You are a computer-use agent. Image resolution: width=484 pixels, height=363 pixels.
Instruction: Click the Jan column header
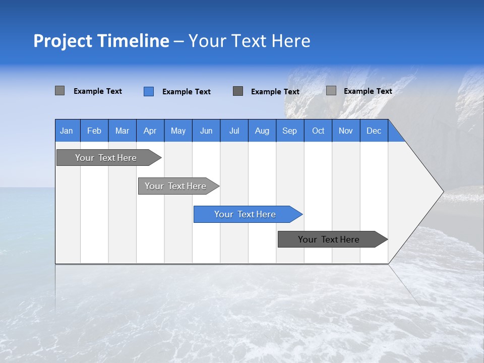click(67, 131)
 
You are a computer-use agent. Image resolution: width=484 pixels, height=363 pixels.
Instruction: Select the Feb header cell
click(94, 131)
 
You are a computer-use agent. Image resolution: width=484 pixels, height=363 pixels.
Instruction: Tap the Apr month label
click(150, 131)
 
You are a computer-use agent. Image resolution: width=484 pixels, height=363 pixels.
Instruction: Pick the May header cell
click(178, 131)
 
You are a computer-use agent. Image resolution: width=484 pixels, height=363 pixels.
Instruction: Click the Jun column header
click(206, 131)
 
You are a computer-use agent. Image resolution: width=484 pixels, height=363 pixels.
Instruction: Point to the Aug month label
click(262, 131)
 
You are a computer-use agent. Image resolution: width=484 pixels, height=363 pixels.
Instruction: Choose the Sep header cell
click(290, 131)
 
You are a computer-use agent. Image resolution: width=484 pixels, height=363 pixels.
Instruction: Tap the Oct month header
click(318, 131)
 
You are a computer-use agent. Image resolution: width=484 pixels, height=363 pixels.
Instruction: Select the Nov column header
click(346, 131)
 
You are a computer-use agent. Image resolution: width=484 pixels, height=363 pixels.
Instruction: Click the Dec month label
click(374, 131)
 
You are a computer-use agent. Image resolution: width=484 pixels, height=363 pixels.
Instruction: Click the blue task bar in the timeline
click(245, 214)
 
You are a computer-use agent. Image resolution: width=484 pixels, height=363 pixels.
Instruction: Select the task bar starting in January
click(106, 158)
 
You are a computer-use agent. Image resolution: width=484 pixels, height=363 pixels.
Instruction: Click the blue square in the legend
click(149, 91)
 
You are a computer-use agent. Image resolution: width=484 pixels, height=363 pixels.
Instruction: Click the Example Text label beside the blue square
click(187, 92)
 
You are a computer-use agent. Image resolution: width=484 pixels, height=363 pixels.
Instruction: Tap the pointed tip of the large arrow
click(442, 192)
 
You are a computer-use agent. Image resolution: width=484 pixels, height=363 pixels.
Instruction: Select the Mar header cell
click(122, 131)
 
